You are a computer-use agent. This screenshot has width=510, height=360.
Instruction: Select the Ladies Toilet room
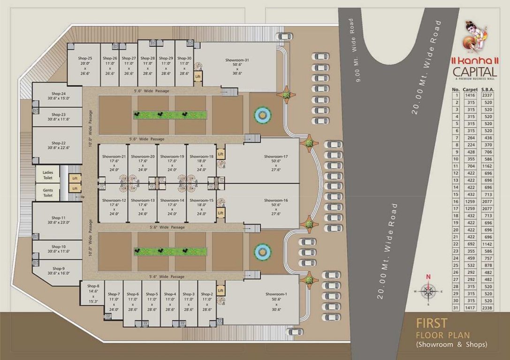click(48, 175)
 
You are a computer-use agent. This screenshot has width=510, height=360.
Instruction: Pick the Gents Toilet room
click(48, 193)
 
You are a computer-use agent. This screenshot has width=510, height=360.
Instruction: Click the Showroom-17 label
click(275, 156)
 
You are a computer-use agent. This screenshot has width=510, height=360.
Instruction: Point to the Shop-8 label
click(93, 286)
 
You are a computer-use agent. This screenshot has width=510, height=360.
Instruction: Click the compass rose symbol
click(428, 291)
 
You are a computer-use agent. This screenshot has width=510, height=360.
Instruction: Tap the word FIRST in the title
click(432, 323)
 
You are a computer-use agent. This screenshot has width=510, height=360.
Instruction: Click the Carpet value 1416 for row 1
click(470, 95)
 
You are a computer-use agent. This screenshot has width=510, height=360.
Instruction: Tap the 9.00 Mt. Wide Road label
click(356, 51)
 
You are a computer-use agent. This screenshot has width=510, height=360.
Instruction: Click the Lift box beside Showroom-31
click(198, 76)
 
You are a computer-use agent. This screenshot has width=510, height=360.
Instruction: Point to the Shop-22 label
click(59, 143)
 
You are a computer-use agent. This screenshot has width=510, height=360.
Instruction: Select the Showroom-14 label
click(172, 200)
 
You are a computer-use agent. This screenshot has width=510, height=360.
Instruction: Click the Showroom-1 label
click(276, 294)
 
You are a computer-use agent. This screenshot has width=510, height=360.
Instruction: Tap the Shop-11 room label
click(59, 218)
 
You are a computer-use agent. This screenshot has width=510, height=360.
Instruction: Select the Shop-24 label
click(59, 94)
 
